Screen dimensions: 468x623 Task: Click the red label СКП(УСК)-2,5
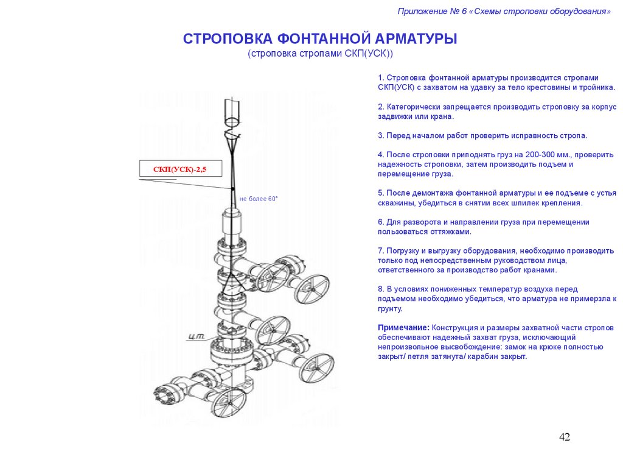coord(179,169)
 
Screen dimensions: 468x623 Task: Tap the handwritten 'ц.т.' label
coord(196,336)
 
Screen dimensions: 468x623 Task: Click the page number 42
coord(565,437)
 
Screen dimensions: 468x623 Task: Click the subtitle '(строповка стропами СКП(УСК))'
coord(321,54)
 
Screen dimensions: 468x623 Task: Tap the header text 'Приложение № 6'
coord(428,12)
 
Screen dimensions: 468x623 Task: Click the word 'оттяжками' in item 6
coord(453,232)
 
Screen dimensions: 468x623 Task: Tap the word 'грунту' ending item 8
coord(389,308)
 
